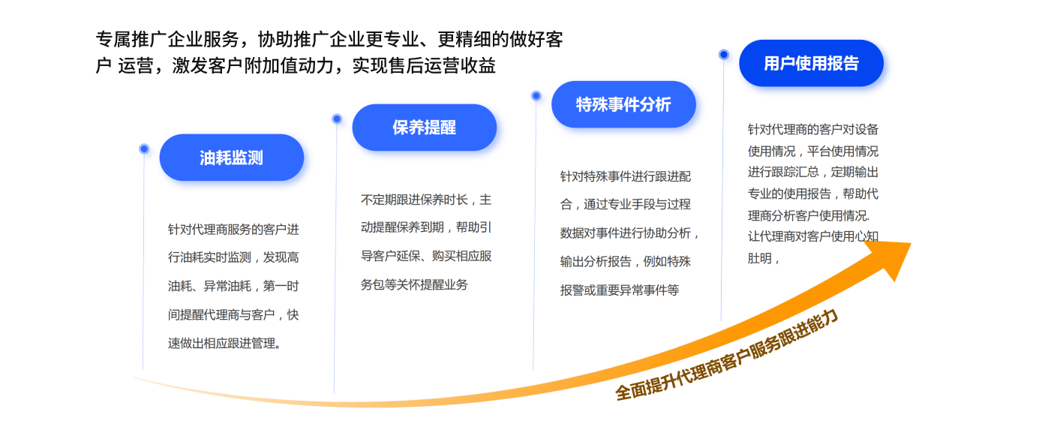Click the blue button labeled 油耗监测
click(231, 158)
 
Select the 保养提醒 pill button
click(424, 128)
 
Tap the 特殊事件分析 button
click(623, 104)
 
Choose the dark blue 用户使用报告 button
click(811, 63)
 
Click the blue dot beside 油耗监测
click(144, 149)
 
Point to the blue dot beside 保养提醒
click(337, 119)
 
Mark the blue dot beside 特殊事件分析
click(536, 96)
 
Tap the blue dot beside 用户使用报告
click(723, 54)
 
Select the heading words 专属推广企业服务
click(167, 40)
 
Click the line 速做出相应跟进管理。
click(225, 344)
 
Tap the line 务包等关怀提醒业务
click(414, 285)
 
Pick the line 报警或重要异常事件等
click(619, 290)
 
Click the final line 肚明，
click(764, 259)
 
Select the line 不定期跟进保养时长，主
click(425, 200)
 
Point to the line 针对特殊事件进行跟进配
click(625, 177)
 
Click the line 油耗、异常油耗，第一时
click(233, 287)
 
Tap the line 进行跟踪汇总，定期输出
click(812, 172)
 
